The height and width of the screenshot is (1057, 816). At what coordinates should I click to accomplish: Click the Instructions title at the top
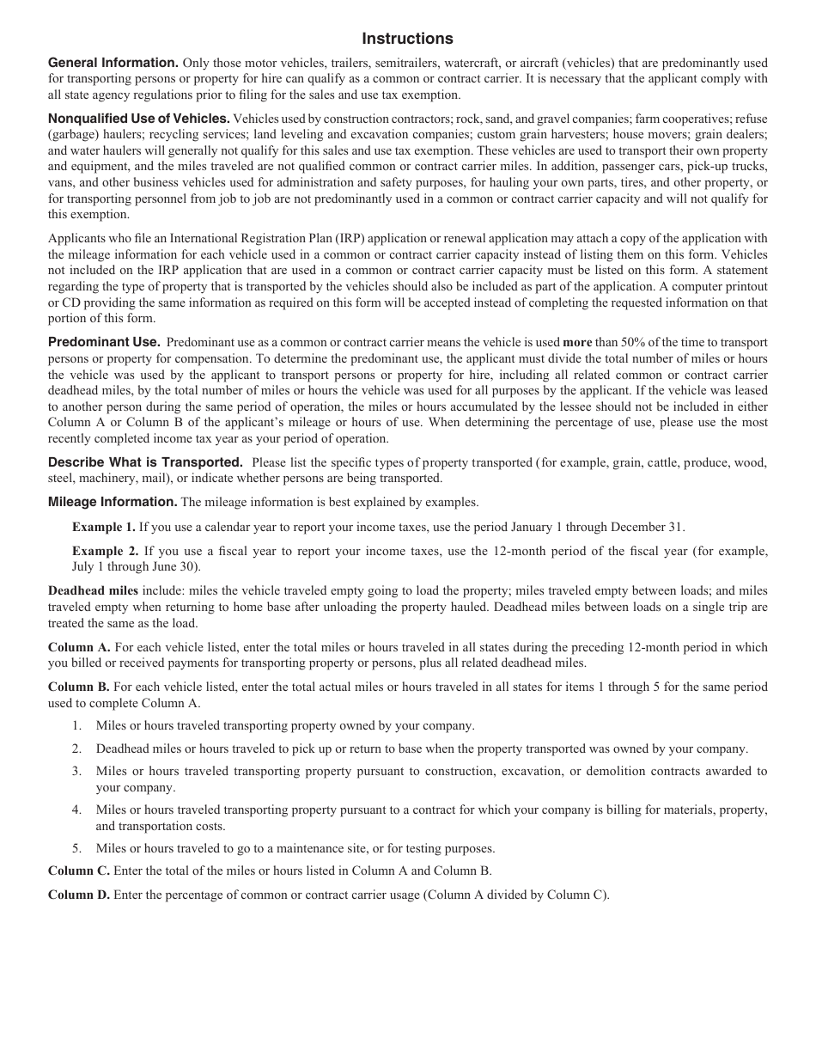pyautogui.click(x=407, y=39)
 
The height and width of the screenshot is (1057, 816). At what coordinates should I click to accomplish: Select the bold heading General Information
pyautogui.click(x=113, y=63)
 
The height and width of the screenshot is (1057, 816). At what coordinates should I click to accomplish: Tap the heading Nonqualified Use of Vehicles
pyautogui.click(x=138, y=119)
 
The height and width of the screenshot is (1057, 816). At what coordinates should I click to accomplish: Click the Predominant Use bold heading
pyautogui.click(x=104, y=342)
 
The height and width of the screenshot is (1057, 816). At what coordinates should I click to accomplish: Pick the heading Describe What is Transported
pyautogui.click(x=145, y=462)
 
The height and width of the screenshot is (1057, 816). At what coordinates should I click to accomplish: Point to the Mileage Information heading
pyautogui.click(x=113, y=502)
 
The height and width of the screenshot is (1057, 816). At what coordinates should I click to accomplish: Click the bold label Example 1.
pyautogui.click(x=103, y=527)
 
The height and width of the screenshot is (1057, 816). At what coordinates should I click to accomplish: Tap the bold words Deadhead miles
pyautogui.click(x=93, y=590)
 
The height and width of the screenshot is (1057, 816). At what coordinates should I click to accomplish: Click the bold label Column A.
pyautogui.click(x=79, y=647)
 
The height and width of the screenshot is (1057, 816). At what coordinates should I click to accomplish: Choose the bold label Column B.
pyautogui.click(x=79, y=687)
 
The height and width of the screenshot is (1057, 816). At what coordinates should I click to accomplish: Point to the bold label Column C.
pyautogui.click(x=79, y=871)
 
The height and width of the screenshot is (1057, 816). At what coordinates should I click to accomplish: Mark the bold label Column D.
pyautogui.click(x=79, y=895)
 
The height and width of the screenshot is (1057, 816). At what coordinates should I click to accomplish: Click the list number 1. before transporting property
pyautogui.click(x=77, y=726)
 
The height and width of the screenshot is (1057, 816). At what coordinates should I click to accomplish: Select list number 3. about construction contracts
pyautogui.click(x=77, y=771)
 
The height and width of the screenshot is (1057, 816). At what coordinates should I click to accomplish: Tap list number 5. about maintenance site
pyautogui.click(x=77, y=848)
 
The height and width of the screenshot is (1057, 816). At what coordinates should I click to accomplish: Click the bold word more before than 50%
pyautogui.click(x=577, y=342)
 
